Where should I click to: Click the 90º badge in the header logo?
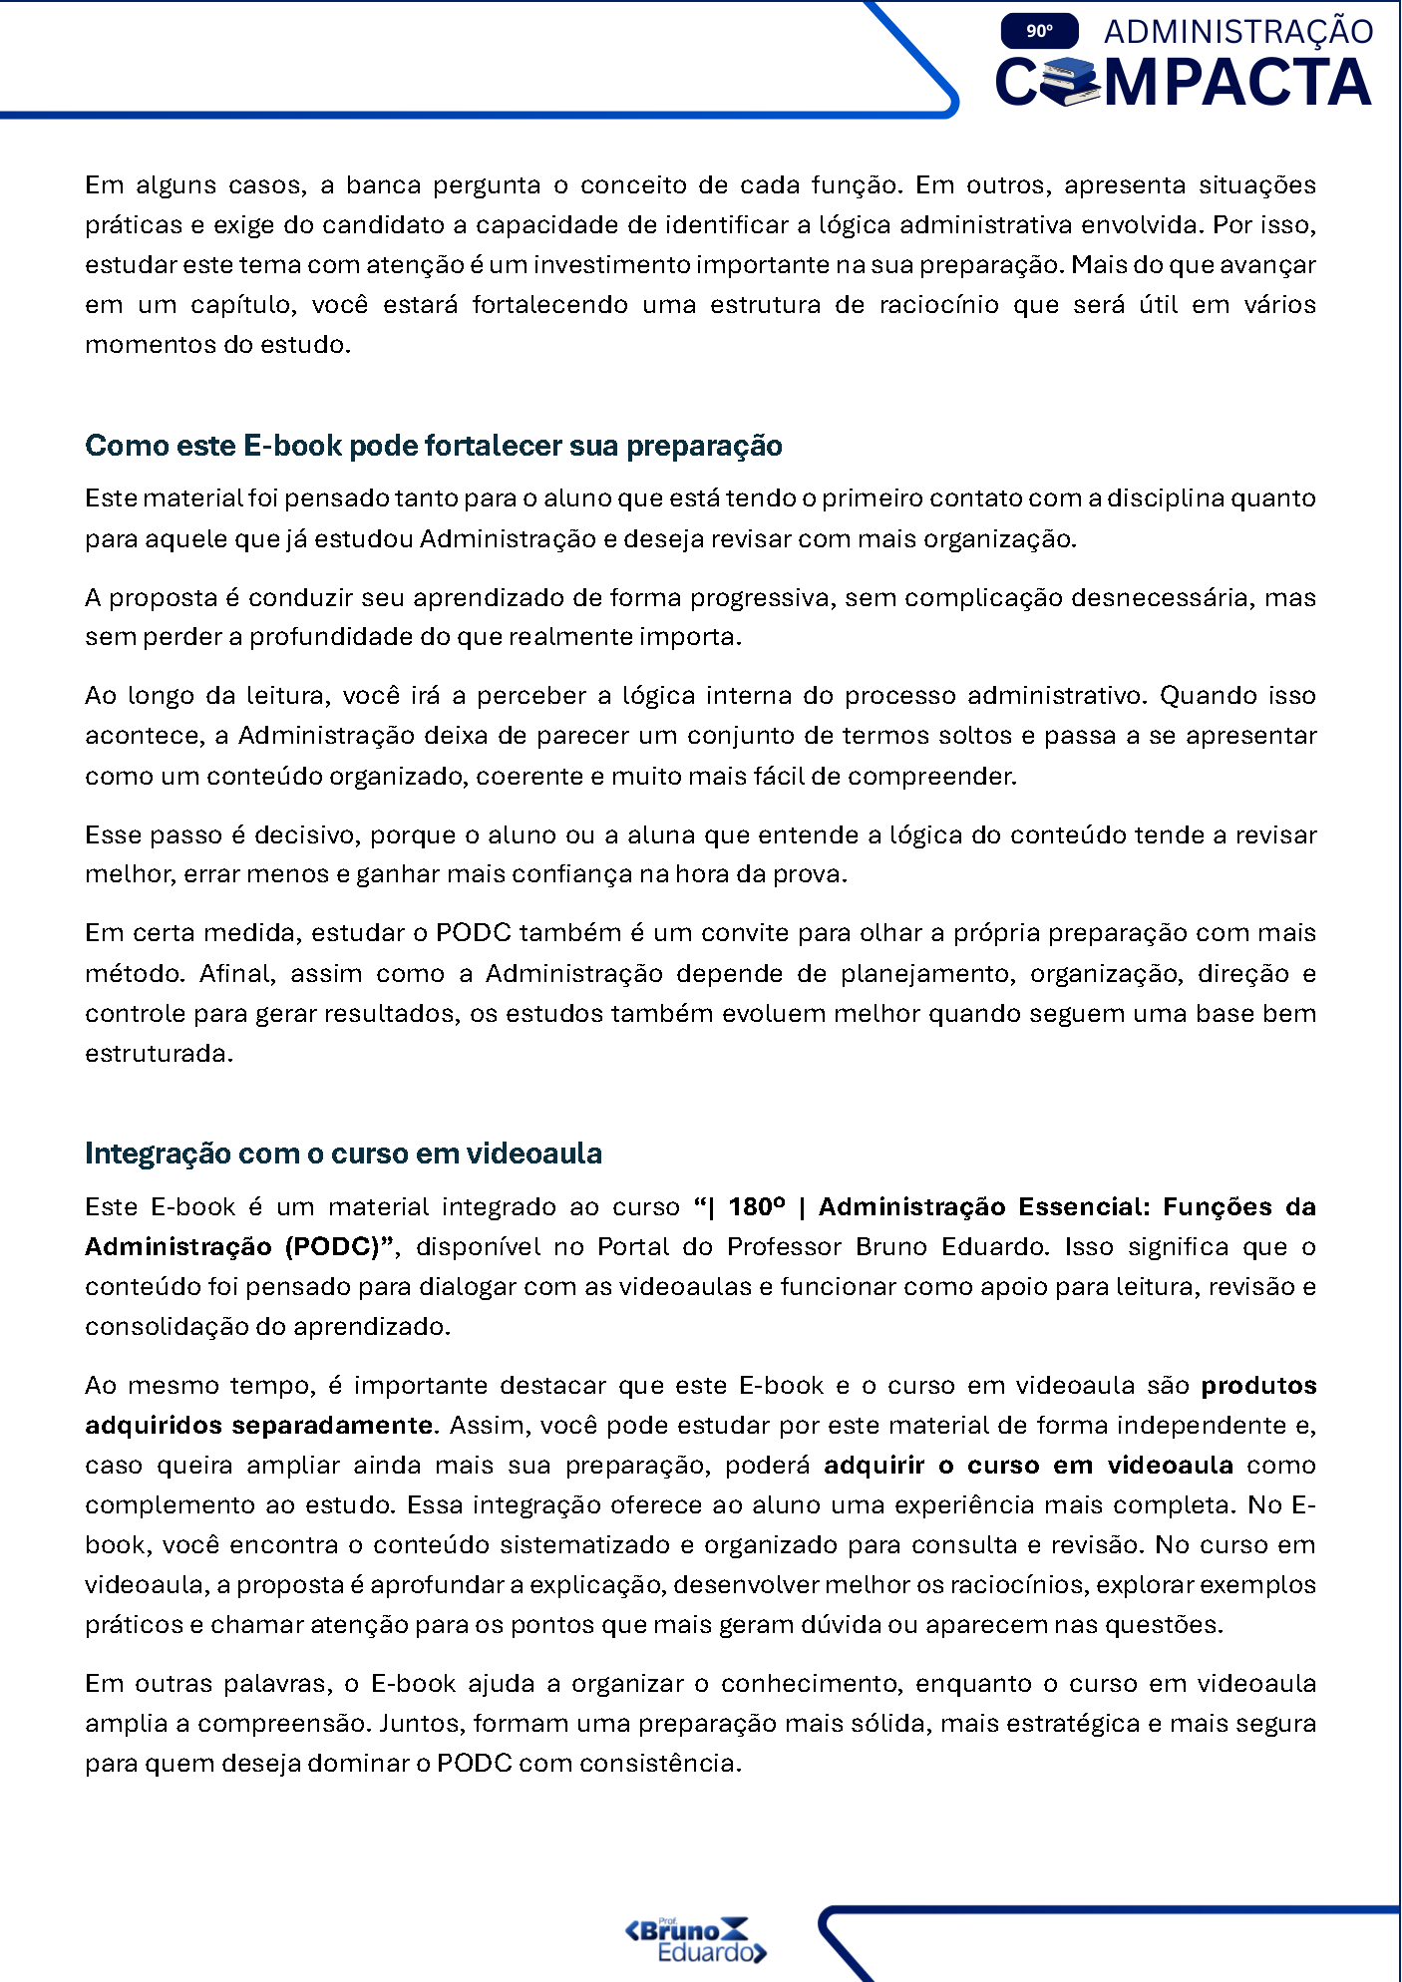(x=1039, y=31)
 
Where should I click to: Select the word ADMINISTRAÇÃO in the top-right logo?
(x=1237, y=32)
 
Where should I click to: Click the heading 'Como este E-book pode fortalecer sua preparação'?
(x=433, y=446)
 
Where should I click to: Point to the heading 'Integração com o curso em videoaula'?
(x=343, y=1154)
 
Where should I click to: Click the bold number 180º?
(x=756, y=1207)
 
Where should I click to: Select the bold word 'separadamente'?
(x=333, y=1426)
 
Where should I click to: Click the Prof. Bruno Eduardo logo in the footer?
(x=696, y=1939)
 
